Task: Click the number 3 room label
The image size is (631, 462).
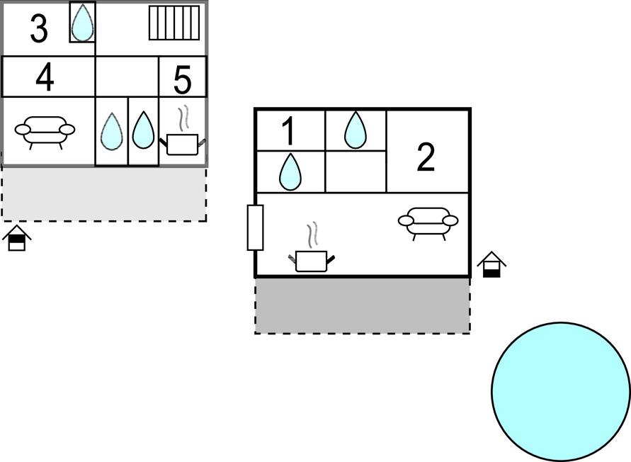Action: coord(40,28)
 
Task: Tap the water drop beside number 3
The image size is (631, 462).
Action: coord(83,23)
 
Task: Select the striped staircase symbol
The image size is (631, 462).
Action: coord(174,23)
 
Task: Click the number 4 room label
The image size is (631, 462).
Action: coord(45,77)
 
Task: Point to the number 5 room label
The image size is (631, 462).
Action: coord(182,81)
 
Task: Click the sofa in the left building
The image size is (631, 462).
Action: coord(45,130)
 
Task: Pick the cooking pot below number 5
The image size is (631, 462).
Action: coord(183,142)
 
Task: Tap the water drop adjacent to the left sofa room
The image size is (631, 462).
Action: coord(111,132)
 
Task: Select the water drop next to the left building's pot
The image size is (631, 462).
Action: coord(143,131)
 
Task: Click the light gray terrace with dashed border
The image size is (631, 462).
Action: coord(104,193)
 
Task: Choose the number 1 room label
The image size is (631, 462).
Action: coord(288,131)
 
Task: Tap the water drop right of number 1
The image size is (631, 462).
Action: coord(356,130)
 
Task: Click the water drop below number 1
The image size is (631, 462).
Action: coord(289,172)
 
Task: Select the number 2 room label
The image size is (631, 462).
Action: coord(426,158)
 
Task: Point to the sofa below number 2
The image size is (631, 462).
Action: coord(428,222)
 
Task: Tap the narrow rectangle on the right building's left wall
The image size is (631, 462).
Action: coord(255,227)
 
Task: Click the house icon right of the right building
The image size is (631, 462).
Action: coord(491,265)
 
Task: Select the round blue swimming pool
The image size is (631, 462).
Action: coord(561,390)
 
